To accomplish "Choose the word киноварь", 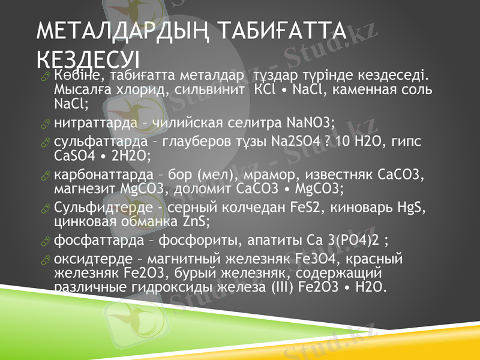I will click(x=368, y=208).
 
